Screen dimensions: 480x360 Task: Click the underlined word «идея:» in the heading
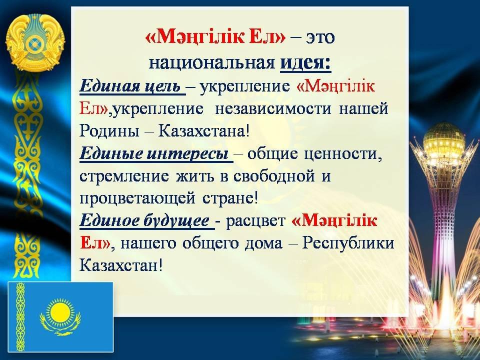click(x=305, y=63)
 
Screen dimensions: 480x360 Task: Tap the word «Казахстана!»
click(x=204, y=131)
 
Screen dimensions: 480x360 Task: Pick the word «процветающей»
click(x=137, y=198)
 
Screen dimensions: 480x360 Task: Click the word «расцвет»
click(x=255, y=221)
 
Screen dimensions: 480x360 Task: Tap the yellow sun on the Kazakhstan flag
click(x=60, y=311)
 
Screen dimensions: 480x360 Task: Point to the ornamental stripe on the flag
click(x=20, y=317)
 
